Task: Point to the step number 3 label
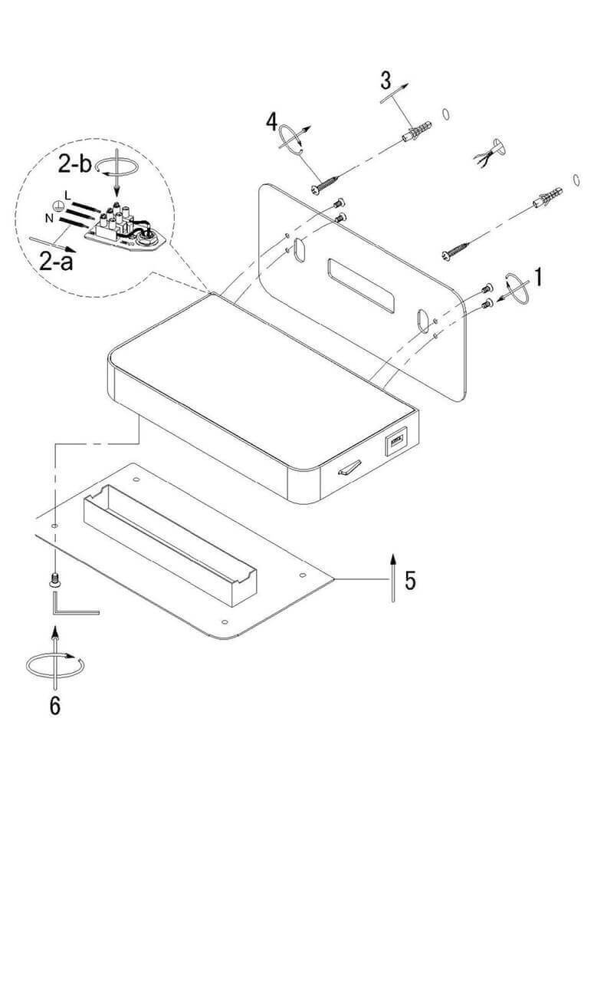pos(386,79)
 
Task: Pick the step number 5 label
pos(411,581)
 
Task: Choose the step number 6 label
pos(54,704)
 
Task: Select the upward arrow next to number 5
pos(392,576)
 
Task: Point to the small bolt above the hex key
pos(54,580)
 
